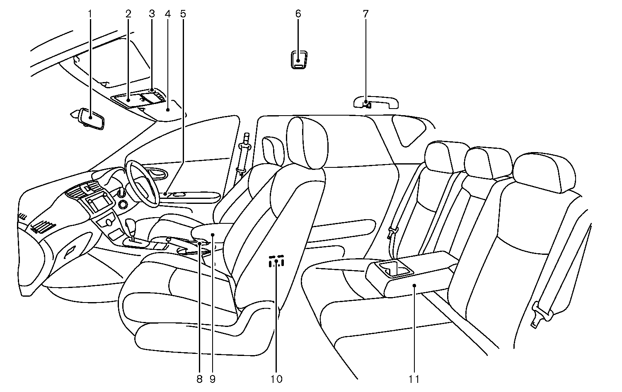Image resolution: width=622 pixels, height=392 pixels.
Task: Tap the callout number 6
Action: pyautogui.click(x=298, y=14)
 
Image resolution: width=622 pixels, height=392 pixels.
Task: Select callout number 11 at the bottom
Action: pyautogui.click(x=414, y=379)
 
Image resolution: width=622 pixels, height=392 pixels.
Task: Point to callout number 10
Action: pyautogui.click(x=276, y=379)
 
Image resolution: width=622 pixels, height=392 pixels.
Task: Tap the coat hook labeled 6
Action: pyautogui.click(x=298, y=59)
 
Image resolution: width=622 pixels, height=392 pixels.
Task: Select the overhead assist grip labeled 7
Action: pyautogui.click(x=376, y=102)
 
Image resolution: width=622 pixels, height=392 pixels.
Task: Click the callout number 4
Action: pyautogui.click(x=167, y=14)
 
